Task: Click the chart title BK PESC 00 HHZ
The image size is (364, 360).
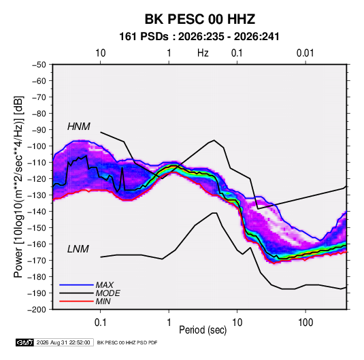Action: point(200,19)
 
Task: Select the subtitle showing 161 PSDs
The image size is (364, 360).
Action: point(199,37)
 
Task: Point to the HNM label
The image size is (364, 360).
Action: point(79,127)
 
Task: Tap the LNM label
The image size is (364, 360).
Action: point(78,249)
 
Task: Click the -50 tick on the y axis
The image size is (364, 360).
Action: point(39,65)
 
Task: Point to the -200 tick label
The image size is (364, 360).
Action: point(37,310)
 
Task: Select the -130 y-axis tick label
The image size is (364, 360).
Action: point(37,195)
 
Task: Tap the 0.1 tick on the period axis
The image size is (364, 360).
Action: point(100,323)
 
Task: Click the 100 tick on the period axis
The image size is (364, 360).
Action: point(305,323)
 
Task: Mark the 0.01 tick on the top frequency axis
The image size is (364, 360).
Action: point(305,53)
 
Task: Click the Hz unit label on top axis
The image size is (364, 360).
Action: point(203,53)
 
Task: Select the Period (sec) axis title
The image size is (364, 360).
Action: point(203,330)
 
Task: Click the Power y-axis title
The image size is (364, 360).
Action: point(18,186)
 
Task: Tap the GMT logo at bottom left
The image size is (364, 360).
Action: point(24,342)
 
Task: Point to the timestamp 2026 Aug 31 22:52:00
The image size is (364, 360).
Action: point(63,342)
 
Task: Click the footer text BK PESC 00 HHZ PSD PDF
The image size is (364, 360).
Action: point(127,342)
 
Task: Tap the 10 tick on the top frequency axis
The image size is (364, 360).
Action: point(101,53)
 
